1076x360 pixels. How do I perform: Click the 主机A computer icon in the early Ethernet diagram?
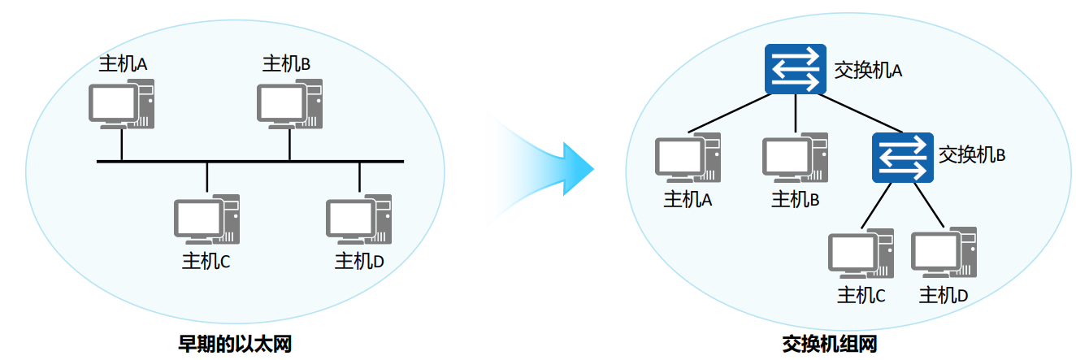click(120, 103)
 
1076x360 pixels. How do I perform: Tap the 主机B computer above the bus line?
click(289, 103)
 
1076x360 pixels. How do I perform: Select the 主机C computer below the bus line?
click(206, 219)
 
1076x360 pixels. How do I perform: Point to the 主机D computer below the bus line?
click(358, 219)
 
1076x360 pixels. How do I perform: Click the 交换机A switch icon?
click(795, 69)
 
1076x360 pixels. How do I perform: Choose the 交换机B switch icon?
click(902, 158)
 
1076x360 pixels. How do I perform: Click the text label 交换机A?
click(869, 71)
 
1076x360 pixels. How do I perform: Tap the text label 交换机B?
click(972, 154)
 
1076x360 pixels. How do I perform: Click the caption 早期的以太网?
click(234, 344)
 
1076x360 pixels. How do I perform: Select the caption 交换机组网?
click(830, 344)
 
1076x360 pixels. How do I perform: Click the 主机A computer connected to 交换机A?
click(688, 158)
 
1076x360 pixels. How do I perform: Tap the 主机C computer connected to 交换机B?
click(860, 254)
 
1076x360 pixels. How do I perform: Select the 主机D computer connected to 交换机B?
click(944, 254)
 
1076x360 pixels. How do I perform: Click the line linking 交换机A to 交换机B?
click(861, 113)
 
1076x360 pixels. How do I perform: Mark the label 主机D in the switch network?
click(944, 295)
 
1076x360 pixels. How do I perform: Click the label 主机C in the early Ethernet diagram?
click(206, 261)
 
